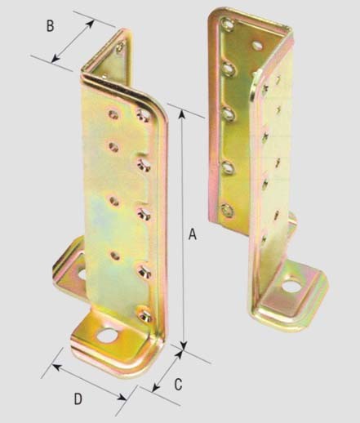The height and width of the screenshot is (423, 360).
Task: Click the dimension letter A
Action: point(193,234)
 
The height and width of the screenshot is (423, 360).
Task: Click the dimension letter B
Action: point(50,26)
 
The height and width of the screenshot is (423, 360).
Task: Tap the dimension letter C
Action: point(178,385)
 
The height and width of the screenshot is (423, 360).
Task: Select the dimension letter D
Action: point(78,399)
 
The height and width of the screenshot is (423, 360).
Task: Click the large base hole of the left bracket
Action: point(106,336)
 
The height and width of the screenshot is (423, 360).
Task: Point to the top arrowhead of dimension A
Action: point(182,114)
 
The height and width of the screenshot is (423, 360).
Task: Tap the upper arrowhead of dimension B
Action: point(91,24)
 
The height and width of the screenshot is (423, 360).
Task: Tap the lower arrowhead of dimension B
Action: point(56,58)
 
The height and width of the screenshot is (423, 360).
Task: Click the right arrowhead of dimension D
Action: point(122,398)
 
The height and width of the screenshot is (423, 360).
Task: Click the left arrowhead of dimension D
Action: point(56,367)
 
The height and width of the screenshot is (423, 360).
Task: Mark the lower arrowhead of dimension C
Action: point(155,388)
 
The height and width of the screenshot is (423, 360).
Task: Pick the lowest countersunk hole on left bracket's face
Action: point(144,314)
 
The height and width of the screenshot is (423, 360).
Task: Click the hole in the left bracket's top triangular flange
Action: point(120,47)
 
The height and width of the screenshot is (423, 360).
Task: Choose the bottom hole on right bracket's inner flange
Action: point(227,211)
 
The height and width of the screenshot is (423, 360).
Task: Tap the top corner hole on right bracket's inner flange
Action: point(227,24)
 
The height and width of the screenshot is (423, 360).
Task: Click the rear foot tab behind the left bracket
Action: point(70,268)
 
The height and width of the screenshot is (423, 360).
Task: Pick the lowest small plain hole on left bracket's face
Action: point(115,256)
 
